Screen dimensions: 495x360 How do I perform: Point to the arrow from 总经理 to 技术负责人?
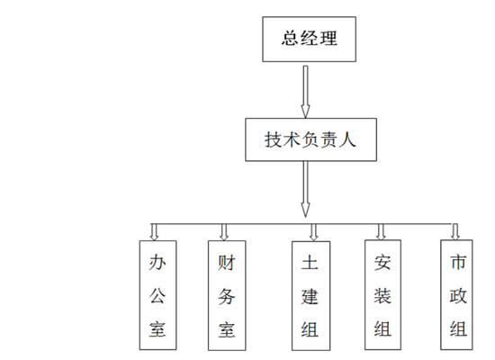pos(305,92)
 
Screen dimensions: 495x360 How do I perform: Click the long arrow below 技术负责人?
pos(305,189)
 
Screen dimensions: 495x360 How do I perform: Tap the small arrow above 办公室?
pos(154,232)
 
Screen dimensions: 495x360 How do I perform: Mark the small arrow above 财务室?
pos(224,232)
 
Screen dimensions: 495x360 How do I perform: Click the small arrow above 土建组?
pos(313,232)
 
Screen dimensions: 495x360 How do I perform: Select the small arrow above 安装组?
pos(381,232)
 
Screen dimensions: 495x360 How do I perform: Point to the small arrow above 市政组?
pos(455,232)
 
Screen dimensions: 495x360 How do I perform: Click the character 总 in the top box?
pos(290,38)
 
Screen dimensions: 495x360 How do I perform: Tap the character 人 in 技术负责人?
pos(347,139)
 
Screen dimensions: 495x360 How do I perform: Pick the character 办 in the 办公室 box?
pos(157,262)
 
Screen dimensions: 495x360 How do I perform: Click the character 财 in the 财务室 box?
pos(226,263)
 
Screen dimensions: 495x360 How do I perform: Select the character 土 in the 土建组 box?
pos(310,262)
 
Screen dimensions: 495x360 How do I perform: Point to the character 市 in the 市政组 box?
pos(458,262)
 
